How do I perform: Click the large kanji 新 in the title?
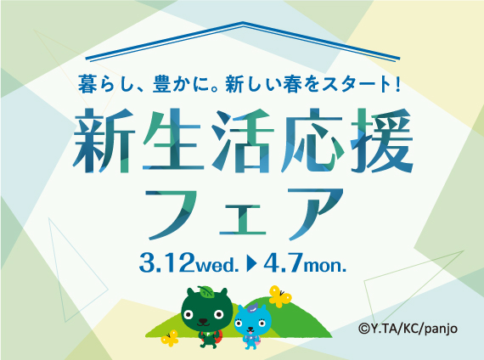(104, 140)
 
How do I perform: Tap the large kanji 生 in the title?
(173, 140)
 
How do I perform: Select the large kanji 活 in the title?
(242, 141)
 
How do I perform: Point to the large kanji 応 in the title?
(312, 140)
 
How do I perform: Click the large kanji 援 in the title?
(381, 140)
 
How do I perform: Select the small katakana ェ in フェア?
(242, 218)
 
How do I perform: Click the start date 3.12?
(166, 262)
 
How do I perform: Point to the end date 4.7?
(283, 262)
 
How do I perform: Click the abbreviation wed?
(217, 265)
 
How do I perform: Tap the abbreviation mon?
(324, 266)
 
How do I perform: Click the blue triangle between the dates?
(251, 263)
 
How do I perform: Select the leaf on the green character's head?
(205, 291)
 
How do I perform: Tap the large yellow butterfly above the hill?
(279, 296)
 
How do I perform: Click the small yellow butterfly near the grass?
(170, 338)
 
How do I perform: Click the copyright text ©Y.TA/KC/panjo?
(408, 329)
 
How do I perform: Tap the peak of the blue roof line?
(243, 23)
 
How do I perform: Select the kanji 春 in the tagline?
(292, 84)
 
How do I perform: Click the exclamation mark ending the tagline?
(397, 84)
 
